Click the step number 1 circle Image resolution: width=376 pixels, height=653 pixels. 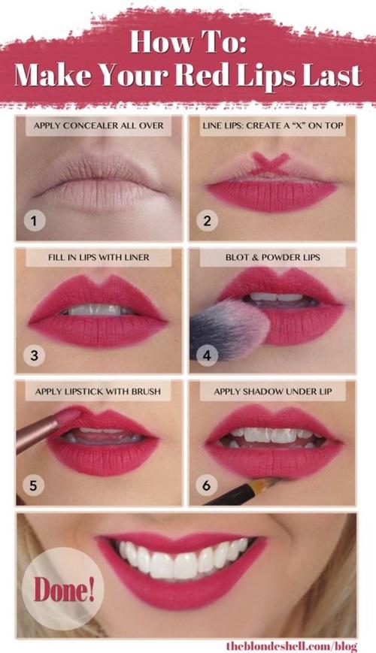[x=34, y=221]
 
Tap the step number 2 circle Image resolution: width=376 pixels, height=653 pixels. [x=208, y=221]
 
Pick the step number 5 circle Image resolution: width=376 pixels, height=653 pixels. [x=34, y=485]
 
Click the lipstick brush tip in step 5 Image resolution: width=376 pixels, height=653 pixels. [x=66, y=417]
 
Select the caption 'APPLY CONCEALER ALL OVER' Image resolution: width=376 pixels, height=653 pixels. [x=99, y=125]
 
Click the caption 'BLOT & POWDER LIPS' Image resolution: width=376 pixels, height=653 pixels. [x=272, y=257]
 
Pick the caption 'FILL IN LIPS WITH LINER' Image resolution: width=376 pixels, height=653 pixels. [x=99, y=257]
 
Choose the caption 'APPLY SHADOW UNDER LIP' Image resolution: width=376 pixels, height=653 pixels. [x=272, y=391]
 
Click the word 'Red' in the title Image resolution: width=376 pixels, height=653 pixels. [x=222, y=76]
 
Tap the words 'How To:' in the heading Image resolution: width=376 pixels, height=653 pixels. [x=188, y=42]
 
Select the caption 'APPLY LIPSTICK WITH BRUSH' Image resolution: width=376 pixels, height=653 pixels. [x=99, y=391]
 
